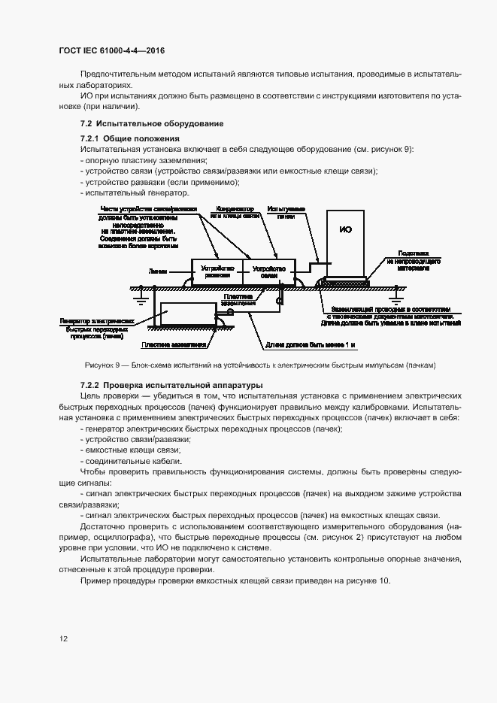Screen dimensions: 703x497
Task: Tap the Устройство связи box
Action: pyautogui.click(x=268, y=271)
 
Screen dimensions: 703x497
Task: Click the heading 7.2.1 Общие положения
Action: pyautogui.click(x=130, y=138)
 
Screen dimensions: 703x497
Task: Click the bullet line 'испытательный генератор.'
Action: pyautogui.click(x=132, y=192)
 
